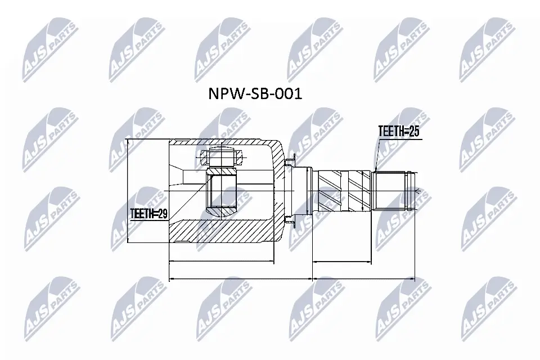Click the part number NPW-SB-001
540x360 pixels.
(255, 93)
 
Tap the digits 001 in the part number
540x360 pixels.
(290, 93)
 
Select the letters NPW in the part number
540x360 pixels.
(222, 93)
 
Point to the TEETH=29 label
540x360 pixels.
(148, 214)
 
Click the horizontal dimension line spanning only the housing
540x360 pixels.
(222, 262)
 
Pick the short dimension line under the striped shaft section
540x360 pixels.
(342, 262)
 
